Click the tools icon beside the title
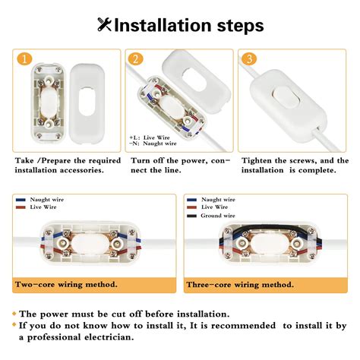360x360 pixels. coord(104,25)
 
